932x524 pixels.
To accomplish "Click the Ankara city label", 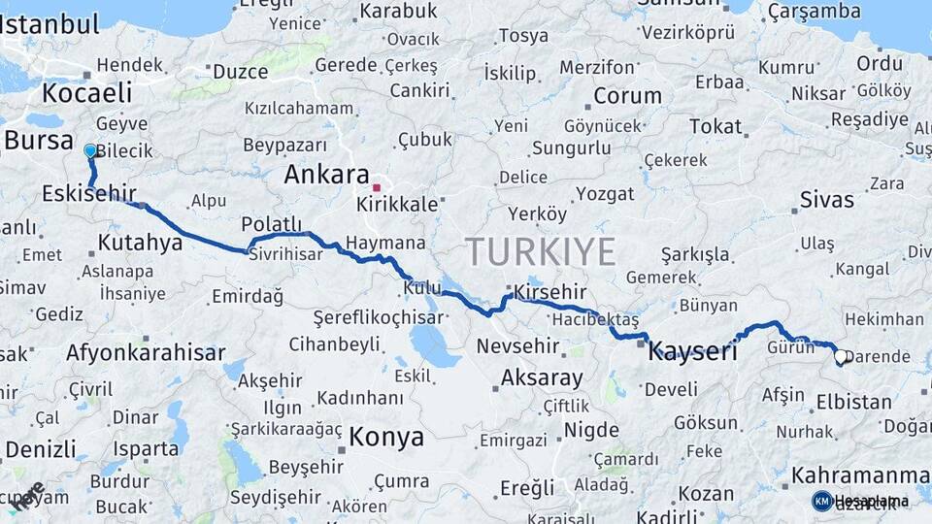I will (x=326, y=176).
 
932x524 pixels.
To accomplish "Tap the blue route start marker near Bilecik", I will (x=90, y=151).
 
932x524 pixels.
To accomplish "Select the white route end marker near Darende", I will (x=842, y=357).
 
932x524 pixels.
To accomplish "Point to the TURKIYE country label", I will (x=541, y=252).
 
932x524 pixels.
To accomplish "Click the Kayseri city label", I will (x=691, y=351).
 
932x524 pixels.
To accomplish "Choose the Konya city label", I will (x=386, y=437).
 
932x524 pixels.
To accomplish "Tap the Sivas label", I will (x=827, y=200).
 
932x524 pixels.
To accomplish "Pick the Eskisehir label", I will (x=88, y=194).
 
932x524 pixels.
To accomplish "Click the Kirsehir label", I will (x=549, y=292).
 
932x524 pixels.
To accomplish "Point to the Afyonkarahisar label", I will (x=146, y=353).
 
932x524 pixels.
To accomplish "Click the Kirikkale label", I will (x=398, y=206).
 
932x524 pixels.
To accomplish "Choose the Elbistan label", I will (x=853, y=402).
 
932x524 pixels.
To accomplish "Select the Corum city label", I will (x=627, y=96).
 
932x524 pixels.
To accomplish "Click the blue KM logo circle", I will (x=822, y=501).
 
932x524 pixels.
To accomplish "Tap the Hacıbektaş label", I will (x=594, y=319).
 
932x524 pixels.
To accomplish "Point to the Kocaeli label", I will (x=86, y=93).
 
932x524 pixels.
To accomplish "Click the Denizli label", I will (x=39, y=449).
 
